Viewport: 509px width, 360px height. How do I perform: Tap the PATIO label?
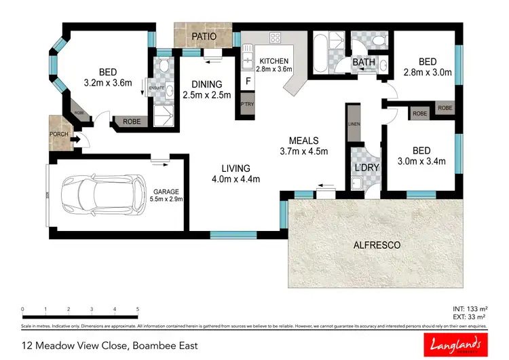pos(203,36)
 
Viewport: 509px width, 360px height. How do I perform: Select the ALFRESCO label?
pos(376,245)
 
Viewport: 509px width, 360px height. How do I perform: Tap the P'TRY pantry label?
pos(247,105)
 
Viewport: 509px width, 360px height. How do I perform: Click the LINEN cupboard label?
pos(352,124)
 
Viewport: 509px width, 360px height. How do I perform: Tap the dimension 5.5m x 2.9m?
pos(167,199)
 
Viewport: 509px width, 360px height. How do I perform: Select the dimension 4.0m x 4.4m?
pos(236,179)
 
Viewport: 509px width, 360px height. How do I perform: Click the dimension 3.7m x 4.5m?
pos(303,151)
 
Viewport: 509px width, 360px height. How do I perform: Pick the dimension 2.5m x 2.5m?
pos(206,94)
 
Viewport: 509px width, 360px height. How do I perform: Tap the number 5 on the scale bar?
pos(138,309)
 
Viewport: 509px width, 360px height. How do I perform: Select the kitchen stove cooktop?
pos(276,37)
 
